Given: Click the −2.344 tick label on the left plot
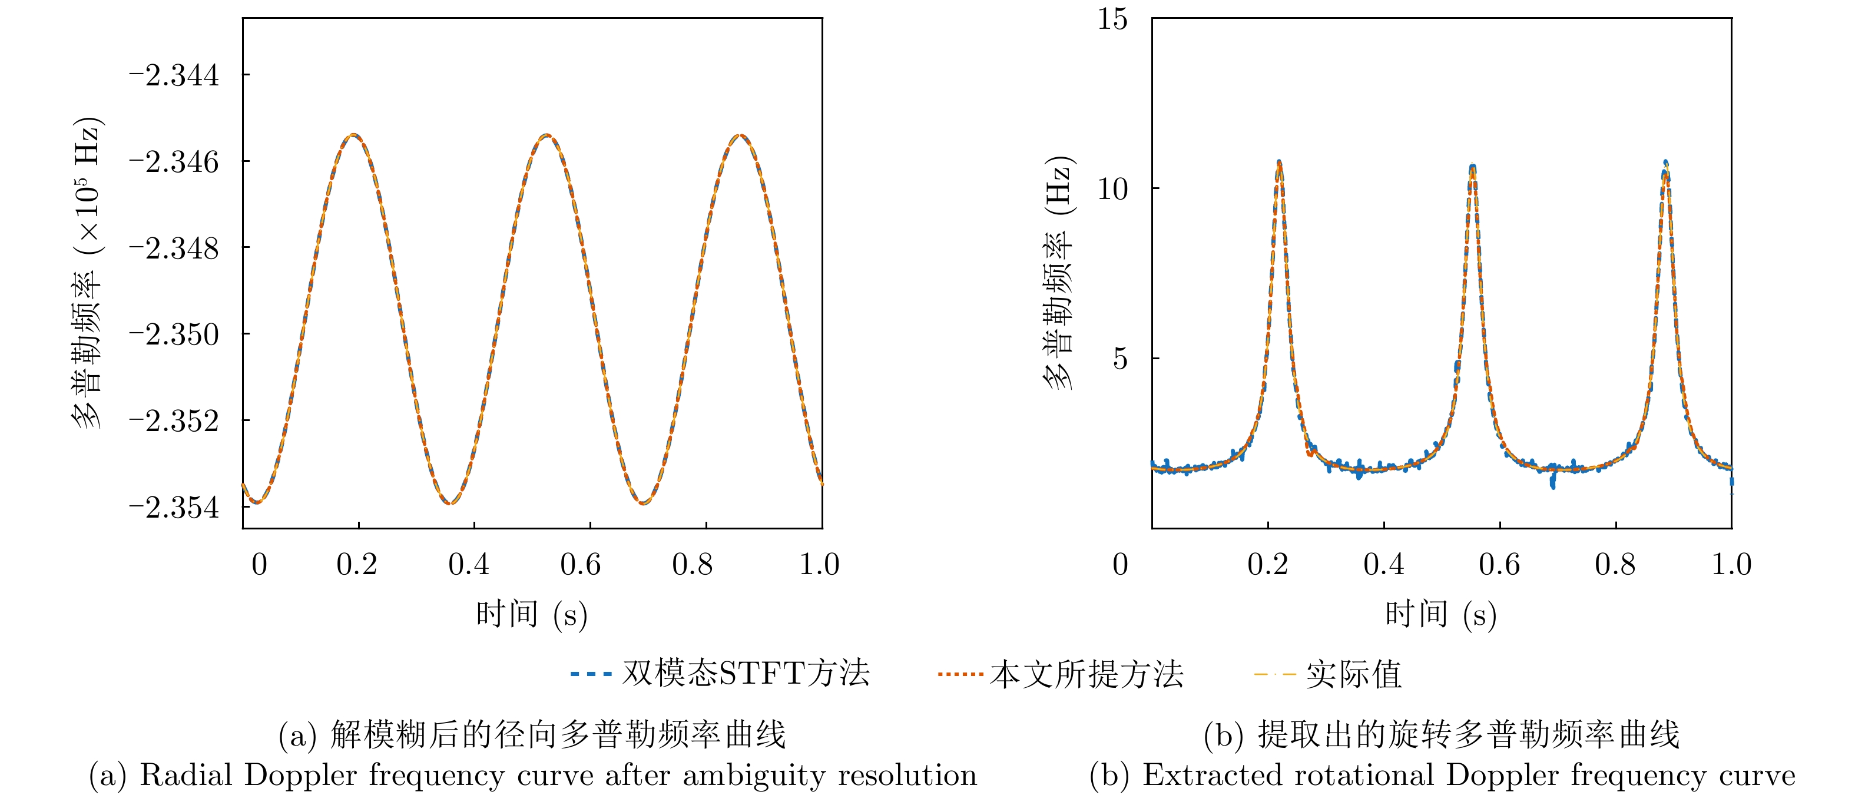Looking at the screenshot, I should pos(174,75).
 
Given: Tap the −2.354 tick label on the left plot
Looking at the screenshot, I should pos(174,508).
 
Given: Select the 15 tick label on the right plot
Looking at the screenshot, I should pos(1112,19).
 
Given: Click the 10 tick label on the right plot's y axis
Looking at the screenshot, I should pos(1112,188).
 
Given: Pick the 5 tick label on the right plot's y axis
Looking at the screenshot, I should pos(1119,359).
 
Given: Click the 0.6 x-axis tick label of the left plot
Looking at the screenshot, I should pos(581,565).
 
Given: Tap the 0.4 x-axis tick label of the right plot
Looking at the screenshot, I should pos(1383,565).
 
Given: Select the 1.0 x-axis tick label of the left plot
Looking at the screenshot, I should pos(820,565).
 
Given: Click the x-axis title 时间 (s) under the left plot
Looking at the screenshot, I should pos(531,614).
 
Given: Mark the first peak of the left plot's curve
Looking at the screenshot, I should pos(353,135).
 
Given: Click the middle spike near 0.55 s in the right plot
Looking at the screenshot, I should pos(1473,167).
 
